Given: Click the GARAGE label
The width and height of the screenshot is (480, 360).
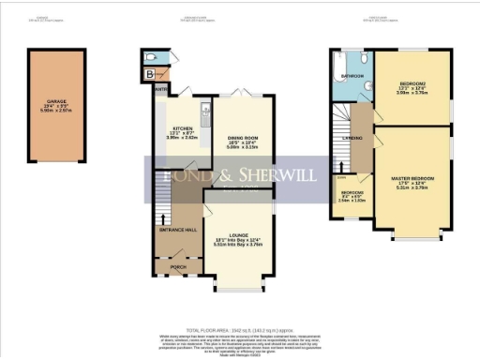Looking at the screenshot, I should (x=55, y=105).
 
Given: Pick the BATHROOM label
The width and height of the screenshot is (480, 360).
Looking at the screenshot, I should (x=352, y=74).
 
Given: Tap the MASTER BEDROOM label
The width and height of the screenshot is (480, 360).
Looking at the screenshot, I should (x=412, y=175).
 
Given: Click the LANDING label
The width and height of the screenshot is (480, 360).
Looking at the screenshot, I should (x=353, y=138).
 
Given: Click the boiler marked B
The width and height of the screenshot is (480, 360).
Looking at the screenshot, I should (x=150, y=74).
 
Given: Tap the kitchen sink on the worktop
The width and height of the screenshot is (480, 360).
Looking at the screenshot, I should (x=205, y=117).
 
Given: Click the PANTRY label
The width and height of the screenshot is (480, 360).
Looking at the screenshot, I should (x=161, y=90).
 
